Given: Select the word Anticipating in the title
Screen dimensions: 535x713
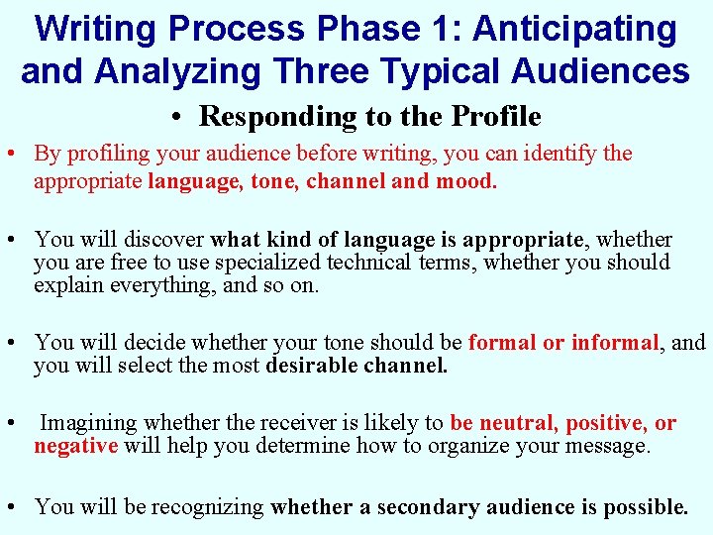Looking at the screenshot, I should pos(575,29).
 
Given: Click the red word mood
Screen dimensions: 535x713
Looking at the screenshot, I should pos(465,182).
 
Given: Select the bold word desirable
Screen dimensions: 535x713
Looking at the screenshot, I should pos(311,366).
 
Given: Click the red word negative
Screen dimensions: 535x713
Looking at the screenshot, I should pos(75,446).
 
